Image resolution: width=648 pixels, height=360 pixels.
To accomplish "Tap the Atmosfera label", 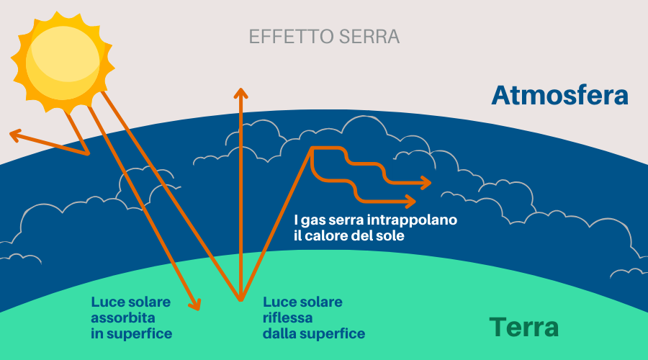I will pos(559,95).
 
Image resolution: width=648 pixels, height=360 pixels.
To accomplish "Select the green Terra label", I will pos(523,328).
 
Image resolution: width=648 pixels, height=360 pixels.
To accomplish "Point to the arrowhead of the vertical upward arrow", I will pos(240,93).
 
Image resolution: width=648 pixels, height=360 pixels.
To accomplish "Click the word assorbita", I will pos(124,318).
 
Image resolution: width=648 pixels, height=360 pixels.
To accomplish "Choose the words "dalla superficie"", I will pos(313,333).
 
